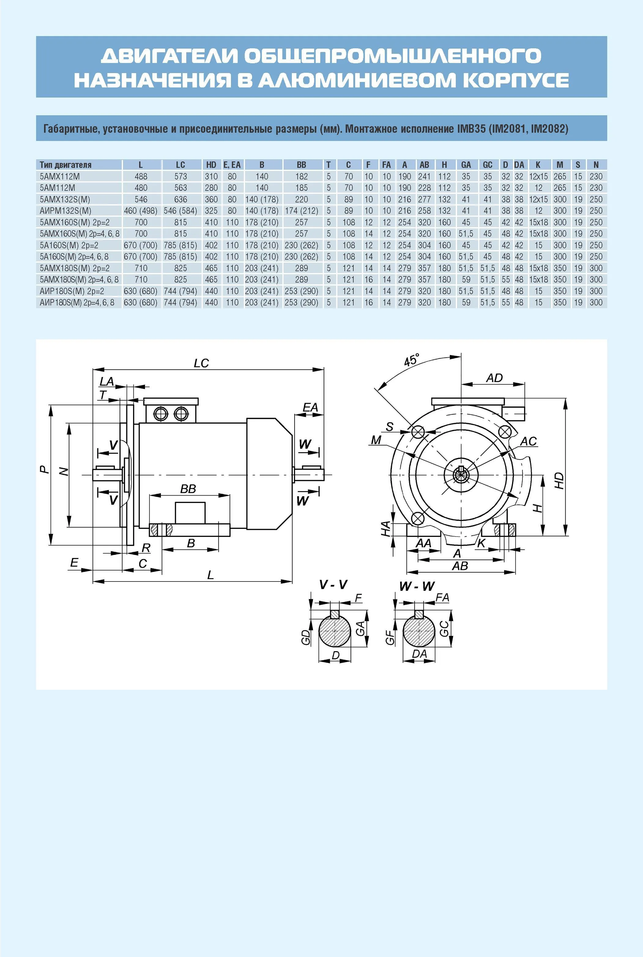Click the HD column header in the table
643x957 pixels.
[211, 165]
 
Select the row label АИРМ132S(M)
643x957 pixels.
[65, 211]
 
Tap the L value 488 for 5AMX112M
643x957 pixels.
[141, 176]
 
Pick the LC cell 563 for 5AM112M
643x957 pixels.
[180, 188]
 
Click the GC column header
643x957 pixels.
[487, 165]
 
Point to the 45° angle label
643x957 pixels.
[412, 360]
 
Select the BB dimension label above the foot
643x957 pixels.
[188, 489]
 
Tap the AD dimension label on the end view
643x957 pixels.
[494, 378]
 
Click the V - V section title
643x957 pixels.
[333, 585]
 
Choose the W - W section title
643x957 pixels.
[417, 586]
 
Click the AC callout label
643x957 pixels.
[528, 442]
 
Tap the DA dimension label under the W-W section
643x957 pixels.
[419, 654]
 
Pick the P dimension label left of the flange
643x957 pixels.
[44, 470]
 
